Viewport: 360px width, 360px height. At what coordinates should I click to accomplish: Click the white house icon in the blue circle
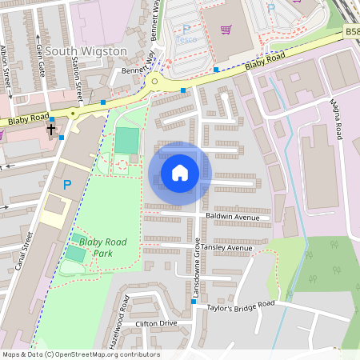[x=180, y=172]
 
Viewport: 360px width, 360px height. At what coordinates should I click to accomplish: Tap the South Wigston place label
[x=86, y=51]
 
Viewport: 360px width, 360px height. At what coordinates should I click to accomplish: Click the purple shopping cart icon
[x=226, y=30]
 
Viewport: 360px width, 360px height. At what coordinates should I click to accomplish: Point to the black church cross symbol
[x=51, y=128]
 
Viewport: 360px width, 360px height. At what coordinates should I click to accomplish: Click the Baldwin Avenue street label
[x=233, y=217]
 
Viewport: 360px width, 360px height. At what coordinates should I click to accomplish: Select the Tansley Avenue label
[x=227, y=248]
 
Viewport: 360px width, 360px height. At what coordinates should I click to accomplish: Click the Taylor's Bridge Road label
[x=241, y=305]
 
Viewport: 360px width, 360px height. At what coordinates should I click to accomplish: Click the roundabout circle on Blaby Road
[x=154, y=81]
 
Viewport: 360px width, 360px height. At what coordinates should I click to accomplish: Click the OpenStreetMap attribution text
[x=81, y=354]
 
